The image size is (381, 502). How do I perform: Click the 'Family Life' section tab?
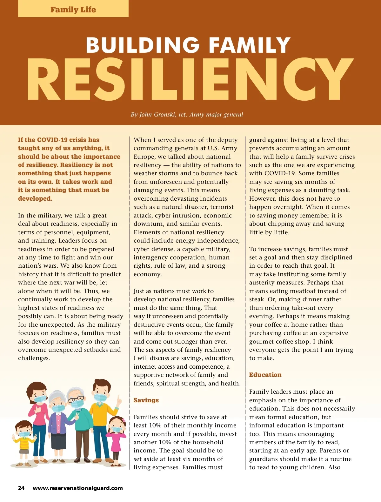73,10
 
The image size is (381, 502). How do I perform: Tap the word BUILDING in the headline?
143,45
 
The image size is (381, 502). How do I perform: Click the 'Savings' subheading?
146,400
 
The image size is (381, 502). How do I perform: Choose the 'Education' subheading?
265,375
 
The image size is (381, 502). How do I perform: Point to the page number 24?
21,488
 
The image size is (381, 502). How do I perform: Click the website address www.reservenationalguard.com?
78,488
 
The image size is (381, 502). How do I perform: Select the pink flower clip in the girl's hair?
124,420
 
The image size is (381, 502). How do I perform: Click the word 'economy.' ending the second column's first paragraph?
148,274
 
